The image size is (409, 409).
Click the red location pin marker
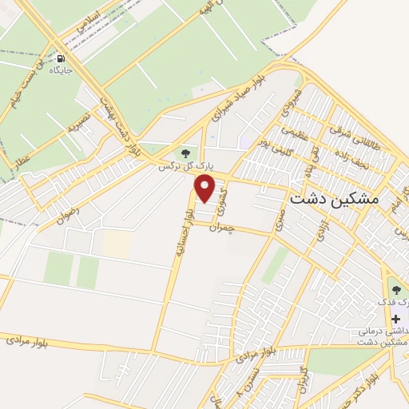click(205, 189)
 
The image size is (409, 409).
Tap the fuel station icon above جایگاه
click(61, 58)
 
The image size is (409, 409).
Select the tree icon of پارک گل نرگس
click(185, 153)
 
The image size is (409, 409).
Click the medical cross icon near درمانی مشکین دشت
click(395, 320)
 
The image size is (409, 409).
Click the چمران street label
click(221, 228)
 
